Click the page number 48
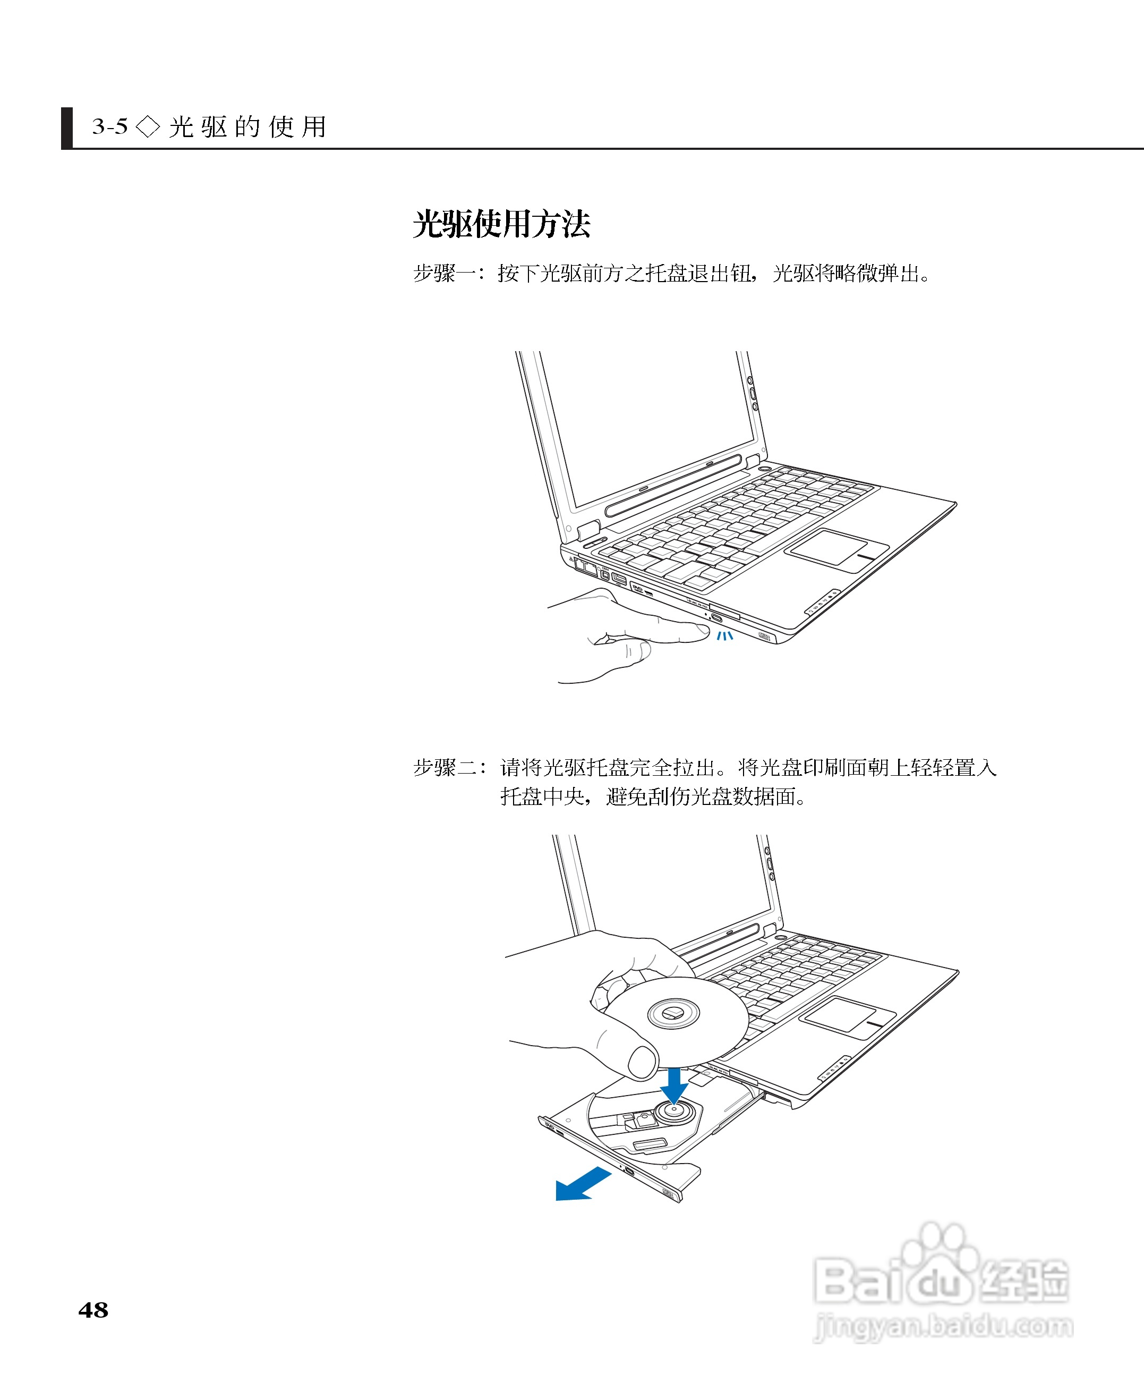(x=93, y=1310)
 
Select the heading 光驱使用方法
(x=501, y=224)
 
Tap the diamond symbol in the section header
(x=148, y=126)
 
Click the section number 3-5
(x=109, y=126)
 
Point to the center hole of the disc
(x=673, y=1013)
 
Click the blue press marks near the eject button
(x=724, y=635)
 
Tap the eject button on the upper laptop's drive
(x=716, y=618)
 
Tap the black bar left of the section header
(x=66, y=128)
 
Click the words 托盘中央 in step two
(x=542, y=796)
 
